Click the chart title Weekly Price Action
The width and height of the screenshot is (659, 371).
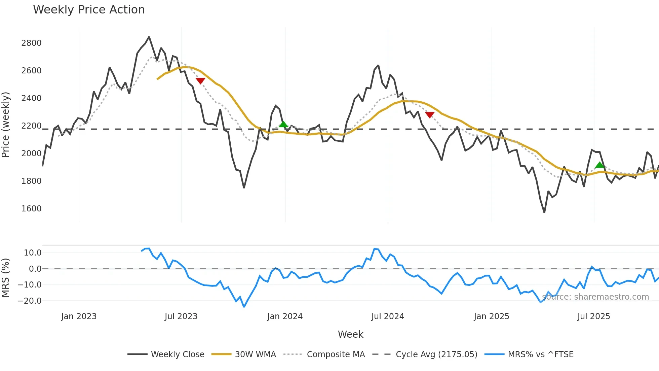[89, 10]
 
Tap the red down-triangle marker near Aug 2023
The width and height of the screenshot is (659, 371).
[200, 81]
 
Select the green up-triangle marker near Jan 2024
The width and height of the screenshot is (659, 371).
[283, 124]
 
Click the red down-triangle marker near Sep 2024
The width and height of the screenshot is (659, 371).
[430, 115]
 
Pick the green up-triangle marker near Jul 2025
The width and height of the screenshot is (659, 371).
[600, 165]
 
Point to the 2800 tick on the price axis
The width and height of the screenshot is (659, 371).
[31, 43]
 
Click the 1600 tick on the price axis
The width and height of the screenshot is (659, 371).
[31, 209]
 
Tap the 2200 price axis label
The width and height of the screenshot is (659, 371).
[31, 126]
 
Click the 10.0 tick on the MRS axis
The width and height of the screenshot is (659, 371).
[33, 253]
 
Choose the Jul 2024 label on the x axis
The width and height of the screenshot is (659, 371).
[388, 316]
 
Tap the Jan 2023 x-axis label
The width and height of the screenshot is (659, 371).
[79, 316]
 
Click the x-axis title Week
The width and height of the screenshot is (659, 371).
[350, 334]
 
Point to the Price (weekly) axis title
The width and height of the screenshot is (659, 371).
[6, 125]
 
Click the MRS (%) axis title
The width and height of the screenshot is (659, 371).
[6, 278]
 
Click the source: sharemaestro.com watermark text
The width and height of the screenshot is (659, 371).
[595, 297]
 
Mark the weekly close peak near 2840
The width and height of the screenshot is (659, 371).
[149, 37]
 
